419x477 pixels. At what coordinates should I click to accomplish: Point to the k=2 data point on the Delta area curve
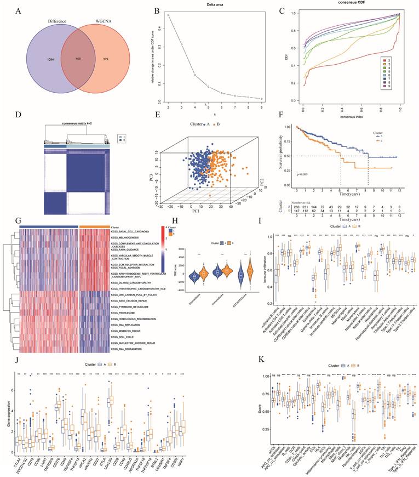pyautogui.click(x=168, y=15)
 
